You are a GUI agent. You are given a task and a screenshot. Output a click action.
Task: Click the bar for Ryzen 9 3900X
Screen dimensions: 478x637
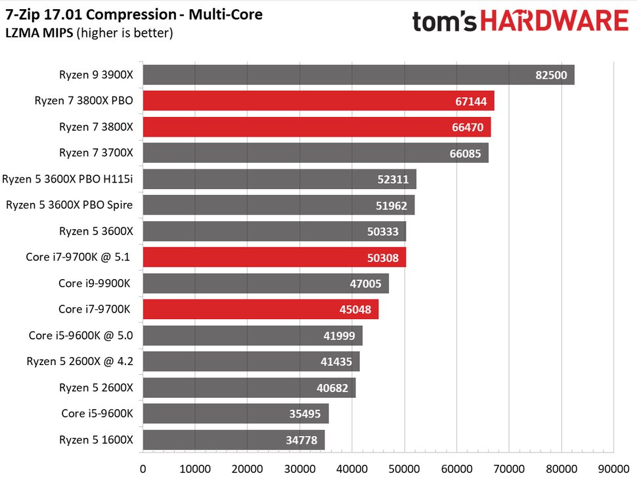(358, 75)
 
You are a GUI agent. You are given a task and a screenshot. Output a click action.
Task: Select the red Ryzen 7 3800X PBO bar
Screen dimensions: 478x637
(318, 101)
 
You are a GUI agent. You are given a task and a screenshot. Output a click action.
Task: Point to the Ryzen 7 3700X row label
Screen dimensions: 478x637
(96, 153)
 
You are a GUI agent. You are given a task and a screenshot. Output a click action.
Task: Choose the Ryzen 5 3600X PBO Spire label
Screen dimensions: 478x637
(69, 205)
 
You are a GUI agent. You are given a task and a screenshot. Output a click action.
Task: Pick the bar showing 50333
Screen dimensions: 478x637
(274, 231)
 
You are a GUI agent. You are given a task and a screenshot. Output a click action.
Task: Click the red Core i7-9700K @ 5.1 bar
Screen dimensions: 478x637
(274, 257)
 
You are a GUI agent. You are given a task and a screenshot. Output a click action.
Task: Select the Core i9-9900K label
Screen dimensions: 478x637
(95, 283)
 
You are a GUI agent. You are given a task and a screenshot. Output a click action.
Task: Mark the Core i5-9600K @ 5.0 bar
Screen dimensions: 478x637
(252, 336)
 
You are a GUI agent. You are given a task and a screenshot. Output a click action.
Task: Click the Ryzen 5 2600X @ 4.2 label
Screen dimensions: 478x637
(79, 361)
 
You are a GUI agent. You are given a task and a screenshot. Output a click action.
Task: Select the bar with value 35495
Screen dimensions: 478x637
(235, 414)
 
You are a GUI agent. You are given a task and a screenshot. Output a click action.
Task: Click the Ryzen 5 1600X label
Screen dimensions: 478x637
(96, 439)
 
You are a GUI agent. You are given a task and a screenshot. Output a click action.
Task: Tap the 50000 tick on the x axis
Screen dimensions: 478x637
(405, 469)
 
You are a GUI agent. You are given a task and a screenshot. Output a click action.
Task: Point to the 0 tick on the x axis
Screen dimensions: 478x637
(143, 469)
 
